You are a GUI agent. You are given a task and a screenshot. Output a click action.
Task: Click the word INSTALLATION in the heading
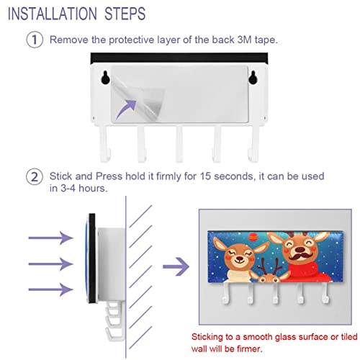point(53,14)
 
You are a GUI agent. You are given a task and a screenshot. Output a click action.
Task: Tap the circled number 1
point(35,40)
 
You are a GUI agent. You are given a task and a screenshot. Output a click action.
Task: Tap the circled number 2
point(35,177)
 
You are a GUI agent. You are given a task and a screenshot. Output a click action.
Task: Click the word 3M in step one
point(244,40)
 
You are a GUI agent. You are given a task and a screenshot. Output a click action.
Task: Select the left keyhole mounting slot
point(105,77)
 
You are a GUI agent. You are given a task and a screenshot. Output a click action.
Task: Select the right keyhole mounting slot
point(253,77)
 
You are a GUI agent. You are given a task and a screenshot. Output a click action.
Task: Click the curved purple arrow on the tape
point(126,109)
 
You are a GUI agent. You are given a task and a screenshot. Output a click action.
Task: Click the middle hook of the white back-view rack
point(179,144)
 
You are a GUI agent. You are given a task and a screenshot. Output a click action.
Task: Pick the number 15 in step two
point(205,176)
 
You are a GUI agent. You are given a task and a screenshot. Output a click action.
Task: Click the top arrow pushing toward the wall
point(50,238)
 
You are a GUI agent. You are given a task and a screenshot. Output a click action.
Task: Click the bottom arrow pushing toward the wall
point(50,289)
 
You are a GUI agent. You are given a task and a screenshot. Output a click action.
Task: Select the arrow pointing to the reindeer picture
point(176,266)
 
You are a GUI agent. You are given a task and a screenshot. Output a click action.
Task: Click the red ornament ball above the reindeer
point(253,237)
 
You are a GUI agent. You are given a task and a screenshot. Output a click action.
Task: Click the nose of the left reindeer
point(239,258)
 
